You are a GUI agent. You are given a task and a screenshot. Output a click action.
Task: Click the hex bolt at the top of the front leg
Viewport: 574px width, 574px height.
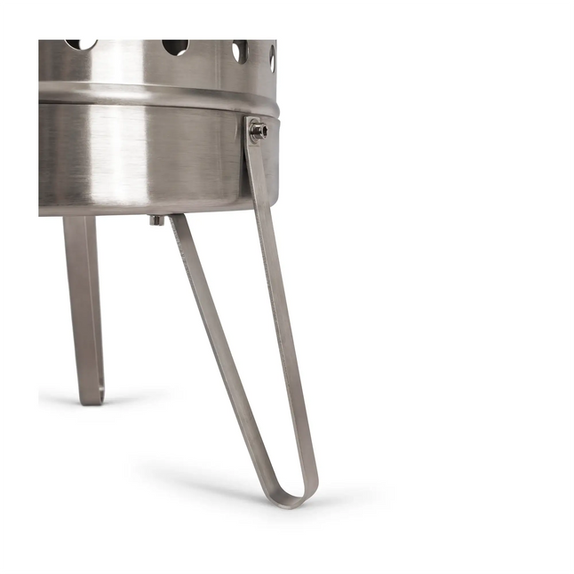[x=258, y=132]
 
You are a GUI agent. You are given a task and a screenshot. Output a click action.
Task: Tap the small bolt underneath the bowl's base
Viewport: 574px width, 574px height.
[x=156, y=219]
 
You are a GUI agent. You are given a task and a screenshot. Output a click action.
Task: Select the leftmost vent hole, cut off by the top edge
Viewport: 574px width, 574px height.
[x=81, y=44]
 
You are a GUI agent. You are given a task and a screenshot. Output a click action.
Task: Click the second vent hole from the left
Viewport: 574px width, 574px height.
[x=175, y=46]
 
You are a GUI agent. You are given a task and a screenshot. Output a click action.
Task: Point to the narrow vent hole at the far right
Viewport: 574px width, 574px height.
[x=272, y=58]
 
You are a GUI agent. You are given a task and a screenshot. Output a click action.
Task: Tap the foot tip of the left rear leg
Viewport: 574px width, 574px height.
[x=92, y=397]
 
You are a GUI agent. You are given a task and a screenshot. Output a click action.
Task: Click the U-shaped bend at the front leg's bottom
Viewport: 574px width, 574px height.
[x=291, y=498]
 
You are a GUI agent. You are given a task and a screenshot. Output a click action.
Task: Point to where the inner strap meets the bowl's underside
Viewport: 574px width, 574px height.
[x=177, y=219]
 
